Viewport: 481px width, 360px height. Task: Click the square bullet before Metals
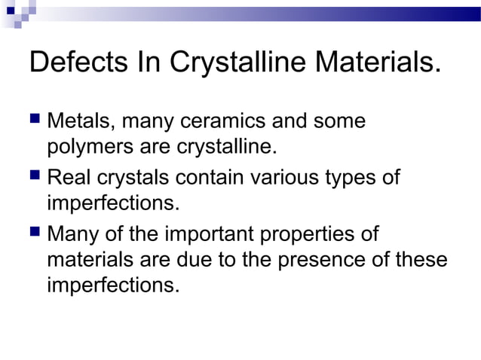pos(35,121)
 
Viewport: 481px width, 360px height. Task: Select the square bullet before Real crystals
pos(35,178)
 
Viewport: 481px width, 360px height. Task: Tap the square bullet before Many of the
pos(35,234)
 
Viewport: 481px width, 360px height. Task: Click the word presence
pos(329,260)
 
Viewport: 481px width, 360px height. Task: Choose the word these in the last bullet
pos(421,260)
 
